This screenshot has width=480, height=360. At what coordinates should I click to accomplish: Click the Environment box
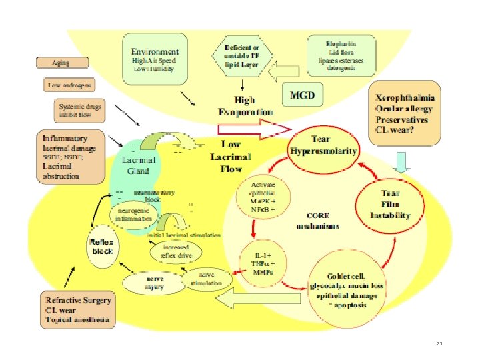pos(155,57)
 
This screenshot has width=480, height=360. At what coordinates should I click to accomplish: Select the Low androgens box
pos(70,85)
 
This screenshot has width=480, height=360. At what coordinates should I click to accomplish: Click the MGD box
pos(302,95)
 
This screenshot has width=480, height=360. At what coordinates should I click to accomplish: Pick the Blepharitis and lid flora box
pos(341,57)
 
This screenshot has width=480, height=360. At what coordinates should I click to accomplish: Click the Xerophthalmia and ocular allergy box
pos(405,115)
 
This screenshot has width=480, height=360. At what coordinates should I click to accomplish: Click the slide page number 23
pos(439,344)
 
